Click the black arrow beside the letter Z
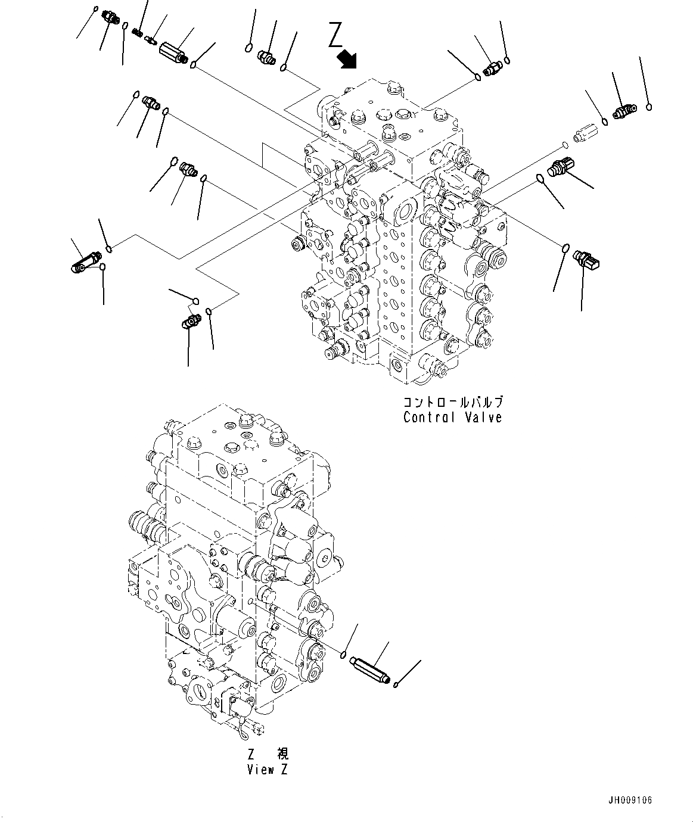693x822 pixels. tap(346, 58)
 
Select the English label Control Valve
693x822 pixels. tap(452, 417)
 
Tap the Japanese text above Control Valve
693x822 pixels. tap(452, 401)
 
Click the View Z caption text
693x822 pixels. tap(268, 769)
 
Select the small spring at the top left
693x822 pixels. tap(138, 32)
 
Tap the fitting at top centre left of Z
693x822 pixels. tap(266, 58)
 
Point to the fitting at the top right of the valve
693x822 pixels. tap(492, 69)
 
